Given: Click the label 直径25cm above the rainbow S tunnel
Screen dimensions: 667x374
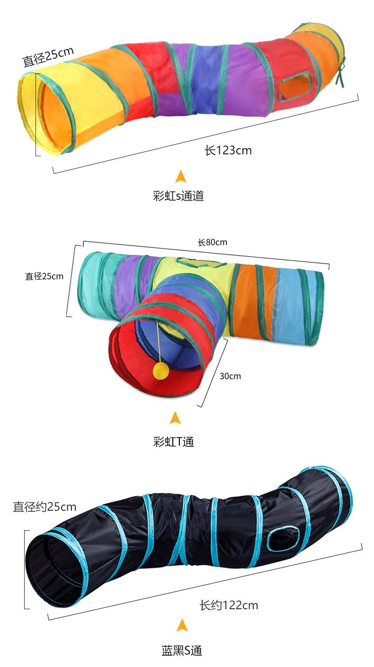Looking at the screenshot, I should (48, 56).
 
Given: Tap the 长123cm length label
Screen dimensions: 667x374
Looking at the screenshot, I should (228, 151).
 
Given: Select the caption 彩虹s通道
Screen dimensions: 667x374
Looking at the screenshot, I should (178, 196).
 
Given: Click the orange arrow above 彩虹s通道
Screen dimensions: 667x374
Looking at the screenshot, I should (180, 176).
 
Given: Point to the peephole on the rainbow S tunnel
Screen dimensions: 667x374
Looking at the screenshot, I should (295, 85).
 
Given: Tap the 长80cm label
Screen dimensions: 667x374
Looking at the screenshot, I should (213, 242).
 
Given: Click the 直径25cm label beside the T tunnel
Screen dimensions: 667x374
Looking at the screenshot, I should (44, 276).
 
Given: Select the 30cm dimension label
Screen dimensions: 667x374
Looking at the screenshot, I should (230, 376).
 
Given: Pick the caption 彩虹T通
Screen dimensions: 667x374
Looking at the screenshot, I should (174, 442).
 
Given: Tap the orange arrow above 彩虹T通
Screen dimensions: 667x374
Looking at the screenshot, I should (175, 418).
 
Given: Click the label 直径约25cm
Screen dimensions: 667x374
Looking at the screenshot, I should (45, 507).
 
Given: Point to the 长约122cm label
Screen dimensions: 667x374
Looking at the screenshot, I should (229, 605).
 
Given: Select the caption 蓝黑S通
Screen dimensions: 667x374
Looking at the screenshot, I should (181, 651).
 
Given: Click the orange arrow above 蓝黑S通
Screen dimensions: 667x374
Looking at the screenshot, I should (182, 625).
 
